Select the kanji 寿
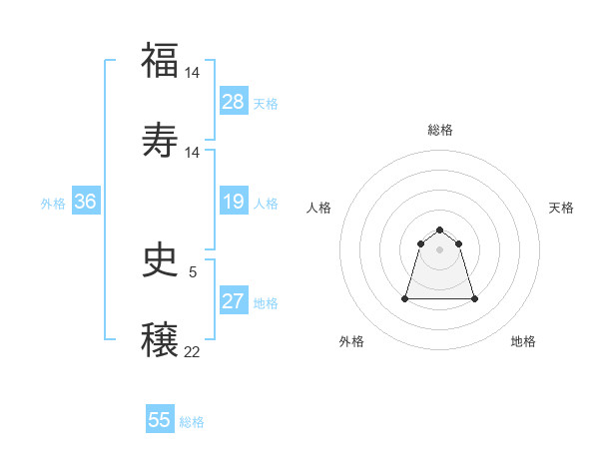160,139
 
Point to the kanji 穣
160,338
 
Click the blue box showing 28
234,102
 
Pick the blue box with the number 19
234,202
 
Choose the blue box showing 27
234,301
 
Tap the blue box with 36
86,202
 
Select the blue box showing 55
160,420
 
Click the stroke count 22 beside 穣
193,352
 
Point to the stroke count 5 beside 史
193,271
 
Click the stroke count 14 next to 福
193,72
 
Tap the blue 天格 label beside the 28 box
265,103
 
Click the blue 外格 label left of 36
53,203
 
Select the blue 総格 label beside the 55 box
192,421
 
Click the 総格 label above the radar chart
440,130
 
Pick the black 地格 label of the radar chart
523,341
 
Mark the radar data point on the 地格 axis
474,298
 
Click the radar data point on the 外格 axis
406,298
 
